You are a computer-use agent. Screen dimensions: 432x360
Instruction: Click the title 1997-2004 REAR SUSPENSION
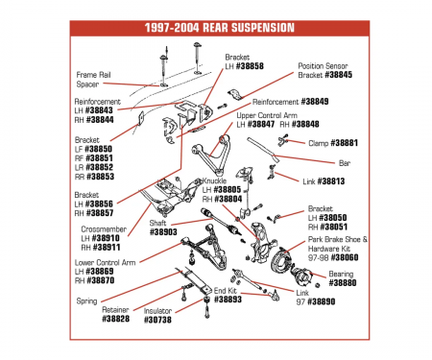[220, 28]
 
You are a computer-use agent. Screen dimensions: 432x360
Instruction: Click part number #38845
[338, 75]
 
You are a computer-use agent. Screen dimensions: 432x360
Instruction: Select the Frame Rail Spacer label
[93, 80]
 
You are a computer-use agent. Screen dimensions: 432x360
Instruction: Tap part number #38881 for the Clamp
[344, 143]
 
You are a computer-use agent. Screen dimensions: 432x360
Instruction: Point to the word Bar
[345, 163]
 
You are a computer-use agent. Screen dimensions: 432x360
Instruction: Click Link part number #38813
[331, 181]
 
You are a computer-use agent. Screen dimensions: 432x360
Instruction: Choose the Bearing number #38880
[343, 283]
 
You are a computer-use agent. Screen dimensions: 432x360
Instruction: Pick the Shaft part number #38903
[163, 231]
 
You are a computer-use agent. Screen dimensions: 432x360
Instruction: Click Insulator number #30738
[157, 320]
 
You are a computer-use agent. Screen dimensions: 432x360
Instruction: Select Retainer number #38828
[116, 319]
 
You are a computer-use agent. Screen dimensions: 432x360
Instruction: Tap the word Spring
[86, 301]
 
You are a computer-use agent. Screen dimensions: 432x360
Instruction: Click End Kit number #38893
[228, 300]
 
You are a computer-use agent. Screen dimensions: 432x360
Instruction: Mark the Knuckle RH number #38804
[228, 199]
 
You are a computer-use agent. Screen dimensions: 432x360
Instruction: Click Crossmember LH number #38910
[106, 238]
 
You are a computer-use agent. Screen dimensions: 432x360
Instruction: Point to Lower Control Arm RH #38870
[100, 280]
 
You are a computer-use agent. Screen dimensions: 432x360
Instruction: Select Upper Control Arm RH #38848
[305, 124]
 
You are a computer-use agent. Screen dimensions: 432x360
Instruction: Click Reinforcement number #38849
[315, 102]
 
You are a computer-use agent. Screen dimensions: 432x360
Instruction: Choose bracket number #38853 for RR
[100, 177]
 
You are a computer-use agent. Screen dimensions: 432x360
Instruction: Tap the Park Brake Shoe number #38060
[345, 257]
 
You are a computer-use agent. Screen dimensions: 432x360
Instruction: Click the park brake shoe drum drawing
[280, 260]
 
